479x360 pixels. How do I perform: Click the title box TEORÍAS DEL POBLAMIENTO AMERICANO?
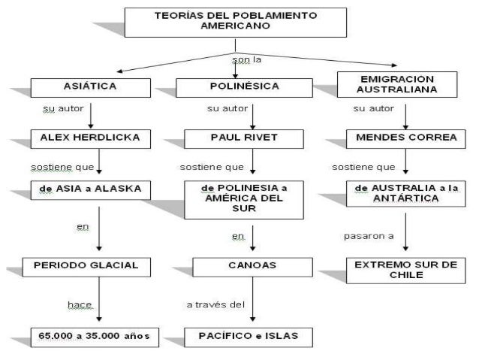(235, 23)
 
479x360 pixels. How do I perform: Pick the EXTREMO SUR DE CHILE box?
(406, 270)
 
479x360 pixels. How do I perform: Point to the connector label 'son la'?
(238, 59)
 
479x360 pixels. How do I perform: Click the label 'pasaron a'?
(368, 235)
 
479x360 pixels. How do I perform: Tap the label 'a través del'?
(215, 304)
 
